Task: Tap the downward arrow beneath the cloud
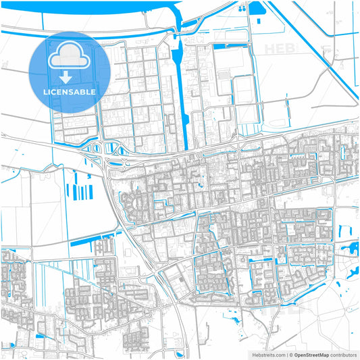coord(70,76)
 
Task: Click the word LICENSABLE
coord(70,91)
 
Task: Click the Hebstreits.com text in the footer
coord(267,354)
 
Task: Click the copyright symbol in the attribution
coord(292,354)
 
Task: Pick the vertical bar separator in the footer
coord(287,354)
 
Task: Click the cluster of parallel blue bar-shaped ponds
coord(82,190)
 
